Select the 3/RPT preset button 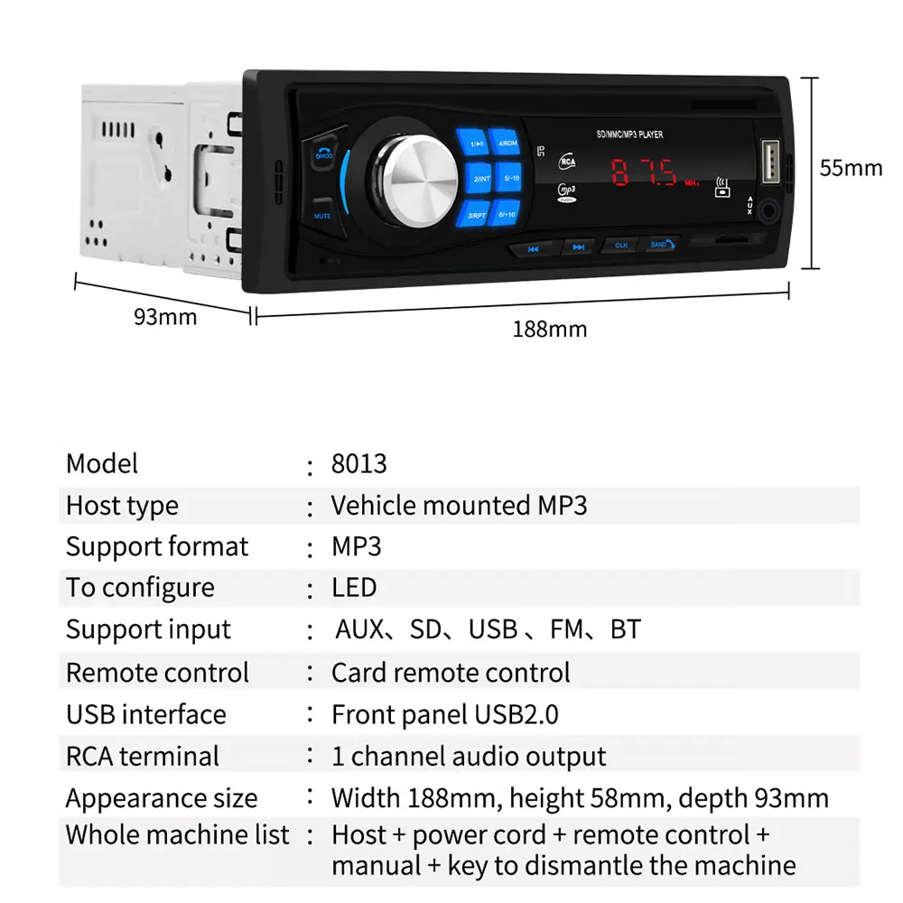pos(477,215)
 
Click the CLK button pos(620,245)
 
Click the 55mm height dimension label pos(851,168)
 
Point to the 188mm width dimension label pos(549,329)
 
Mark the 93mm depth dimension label pos(165,317)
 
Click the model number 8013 pos(358,464)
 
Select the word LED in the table pos(354,588)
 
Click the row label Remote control pos(157,673)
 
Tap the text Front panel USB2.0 pos(444,714)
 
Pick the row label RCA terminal pos(143,756)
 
